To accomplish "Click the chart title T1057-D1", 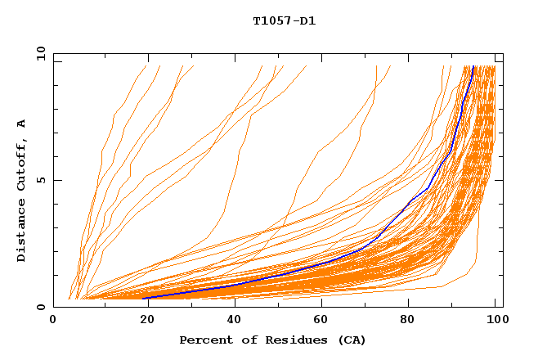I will [284, 21].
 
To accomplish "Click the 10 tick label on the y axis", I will [39, 53].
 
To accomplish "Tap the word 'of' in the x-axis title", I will [241, 340].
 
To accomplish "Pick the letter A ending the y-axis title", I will [21, 123].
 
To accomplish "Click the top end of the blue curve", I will [473, 66].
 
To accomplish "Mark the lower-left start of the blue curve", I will [144, 298].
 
